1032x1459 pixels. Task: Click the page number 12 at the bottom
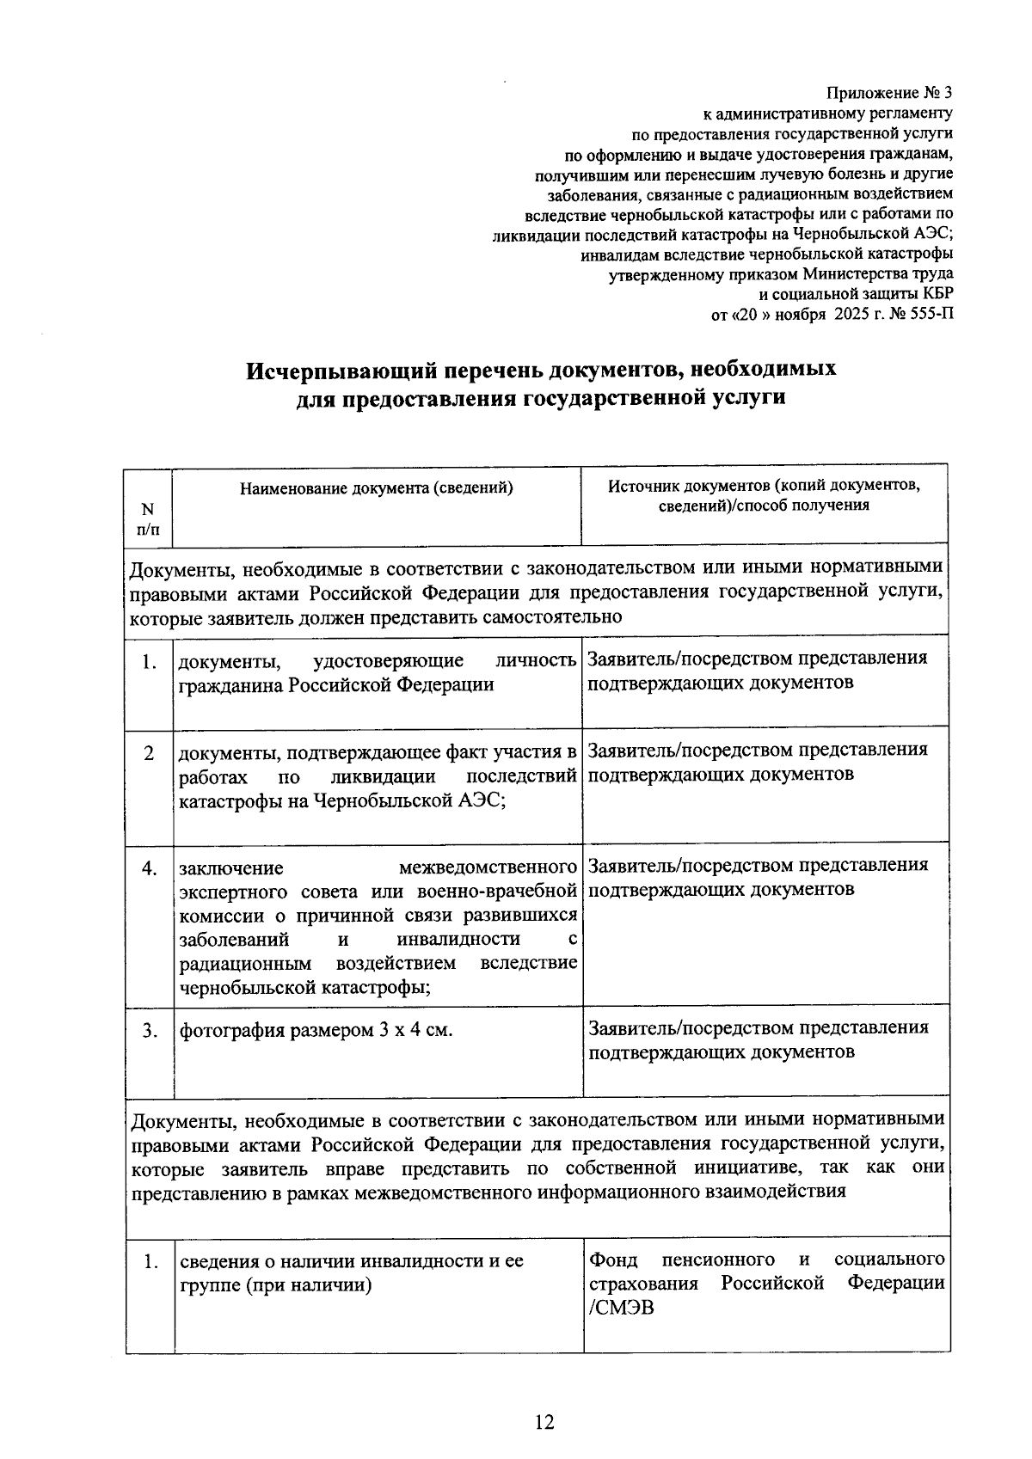click(544, 1423)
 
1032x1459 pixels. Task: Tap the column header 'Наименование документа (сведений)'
click(377, 488)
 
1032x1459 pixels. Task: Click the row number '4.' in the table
click(150, 868)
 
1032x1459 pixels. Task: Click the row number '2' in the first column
click(150, 753)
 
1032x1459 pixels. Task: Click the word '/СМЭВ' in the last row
click(616, 1309)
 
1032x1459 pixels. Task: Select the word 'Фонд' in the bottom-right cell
click(613, 1260)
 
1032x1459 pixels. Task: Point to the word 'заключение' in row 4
click(230, 868)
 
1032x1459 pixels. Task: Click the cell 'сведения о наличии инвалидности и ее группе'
click(351, 1273)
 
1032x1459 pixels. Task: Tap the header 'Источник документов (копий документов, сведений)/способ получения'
click(764, 495)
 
